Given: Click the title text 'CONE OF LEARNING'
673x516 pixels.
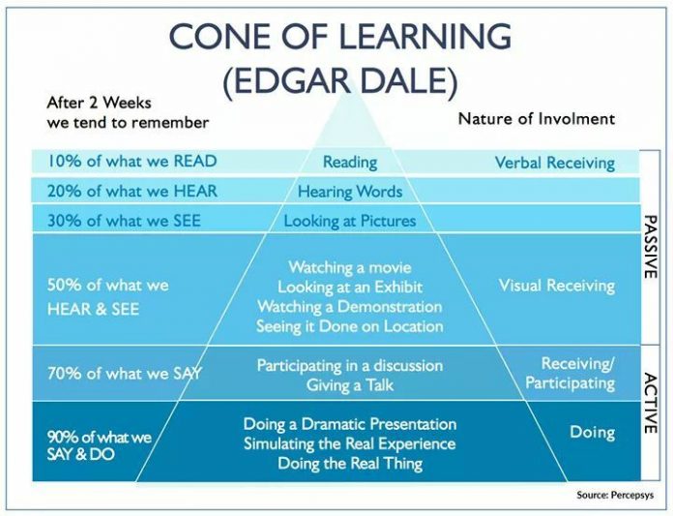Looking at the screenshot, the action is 340,37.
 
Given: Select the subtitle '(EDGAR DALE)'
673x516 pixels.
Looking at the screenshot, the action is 340,80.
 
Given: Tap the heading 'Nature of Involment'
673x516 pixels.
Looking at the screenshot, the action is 537,118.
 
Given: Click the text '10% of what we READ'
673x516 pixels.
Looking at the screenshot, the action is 132,161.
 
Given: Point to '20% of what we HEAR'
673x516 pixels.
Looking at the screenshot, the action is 132,191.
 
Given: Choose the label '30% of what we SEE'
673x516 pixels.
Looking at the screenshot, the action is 124,221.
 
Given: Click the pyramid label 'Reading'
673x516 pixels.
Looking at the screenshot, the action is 350,163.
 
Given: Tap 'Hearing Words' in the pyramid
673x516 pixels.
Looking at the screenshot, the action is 350,192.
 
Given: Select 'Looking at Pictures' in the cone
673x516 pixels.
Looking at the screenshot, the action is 350,221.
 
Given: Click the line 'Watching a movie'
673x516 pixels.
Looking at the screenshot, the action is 350,267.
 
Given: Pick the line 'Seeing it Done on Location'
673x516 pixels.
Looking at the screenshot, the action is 350,326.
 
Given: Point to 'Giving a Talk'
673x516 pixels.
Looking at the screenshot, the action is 350,385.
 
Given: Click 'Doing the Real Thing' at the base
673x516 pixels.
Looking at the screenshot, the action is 350,464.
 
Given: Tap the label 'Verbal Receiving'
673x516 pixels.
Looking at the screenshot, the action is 554,163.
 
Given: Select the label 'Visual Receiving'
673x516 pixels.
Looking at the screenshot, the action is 557,286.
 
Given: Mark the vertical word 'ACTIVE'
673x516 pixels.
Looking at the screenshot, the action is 651,403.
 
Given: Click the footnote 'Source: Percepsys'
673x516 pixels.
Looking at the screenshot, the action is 615,495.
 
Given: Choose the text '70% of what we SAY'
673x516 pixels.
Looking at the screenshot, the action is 125,374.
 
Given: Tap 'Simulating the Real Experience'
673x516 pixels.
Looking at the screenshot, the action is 350,443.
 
